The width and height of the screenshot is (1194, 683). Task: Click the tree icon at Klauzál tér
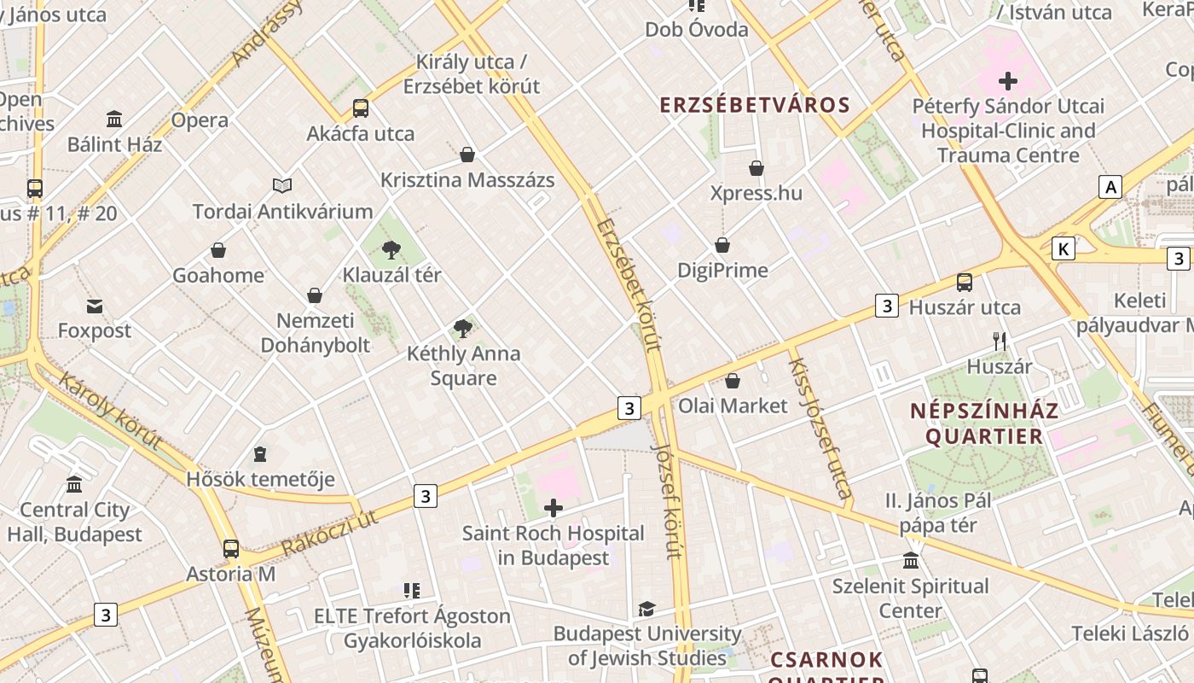[391, 250]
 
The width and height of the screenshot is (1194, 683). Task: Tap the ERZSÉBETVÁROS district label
[755, 105]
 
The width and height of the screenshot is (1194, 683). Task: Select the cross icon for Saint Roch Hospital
[554, 509]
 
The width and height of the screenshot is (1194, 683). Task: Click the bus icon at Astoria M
[231, 549]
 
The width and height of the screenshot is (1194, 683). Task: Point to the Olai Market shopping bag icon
[733, 381]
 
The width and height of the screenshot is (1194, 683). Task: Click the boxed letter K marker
[1063, 248]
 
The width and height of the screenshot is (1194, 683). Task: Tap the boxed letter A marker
[1110, 187]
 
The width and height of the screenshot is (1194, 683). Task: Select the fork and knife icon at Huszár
[1000, 341]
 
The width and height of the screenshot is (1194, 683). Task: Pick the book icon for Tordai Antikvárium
[282, 185]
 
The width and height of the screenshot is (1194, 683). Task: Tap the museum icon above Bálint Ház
[114, 119]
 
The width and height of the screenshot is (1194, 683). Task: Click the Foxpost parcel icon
[95, 306]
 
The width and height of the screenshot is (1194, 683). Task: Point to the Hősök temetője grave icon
[260, 454]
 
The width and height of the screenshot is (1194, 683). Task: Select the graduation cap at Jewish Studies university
[646, 609]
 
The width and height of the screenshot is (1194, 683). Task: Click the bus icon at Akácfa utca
[361, 108]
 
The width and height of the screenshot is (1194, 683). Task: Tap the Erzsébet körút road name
[629, 284]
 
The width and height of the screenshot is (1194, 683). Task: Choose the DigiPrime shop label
[722, 271]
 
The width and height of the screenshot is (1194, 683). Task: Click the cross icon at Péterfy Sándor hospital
[1008, 82]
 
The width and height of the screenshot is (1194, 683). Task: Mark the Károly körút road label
[110, 411]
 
